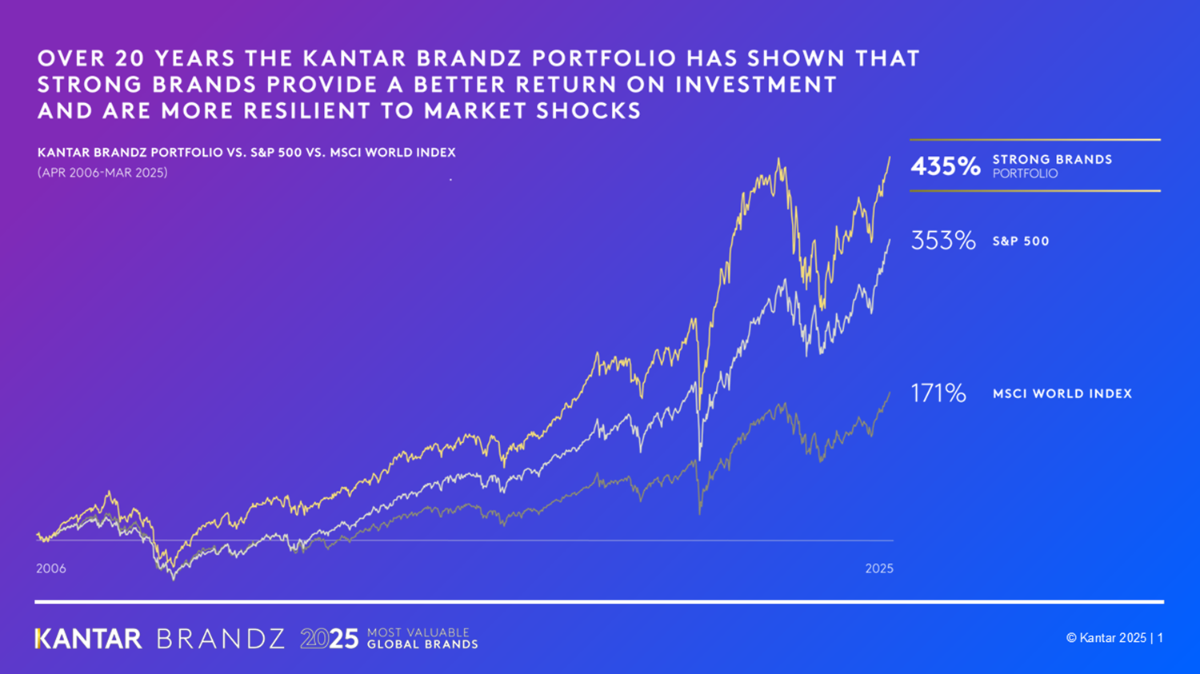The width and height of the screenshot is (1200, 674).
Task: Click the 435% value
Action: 945,166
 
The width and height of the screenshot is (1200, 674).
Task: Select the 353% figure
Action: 943,241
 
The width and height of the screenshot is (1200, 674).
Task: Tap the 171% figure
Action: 938,393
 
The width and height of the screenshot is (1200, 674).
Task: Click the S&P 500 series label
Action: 1021,241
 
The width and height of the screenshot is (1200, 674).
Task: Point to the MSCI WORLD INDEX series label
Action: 1062,394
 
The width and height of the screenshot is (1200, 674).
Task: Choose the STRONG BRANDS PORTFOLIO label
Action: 1052,166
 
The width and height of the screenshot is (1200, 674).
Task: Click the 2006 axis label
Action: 51,568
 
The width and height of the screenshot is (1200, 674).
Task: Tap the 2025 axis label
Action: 879,568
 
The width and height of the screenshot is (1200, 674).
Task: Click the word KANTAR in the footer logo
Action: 89,639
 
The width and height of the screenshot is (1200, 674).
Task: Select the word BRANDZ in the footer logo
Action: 221,639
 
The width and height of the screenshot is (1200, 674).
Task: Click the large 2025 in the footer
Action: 330,639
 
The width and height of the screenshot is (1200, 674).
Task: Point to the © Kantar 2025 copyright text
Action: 1106,638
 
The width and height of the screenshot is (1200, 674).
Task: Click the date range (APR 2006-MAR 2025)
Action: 102,173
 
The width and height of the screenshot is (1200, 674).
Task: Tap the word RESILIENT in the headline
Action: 305,111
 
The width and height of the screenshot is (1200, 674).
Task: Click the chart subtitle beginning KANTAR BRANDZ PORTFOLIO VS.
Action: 246,153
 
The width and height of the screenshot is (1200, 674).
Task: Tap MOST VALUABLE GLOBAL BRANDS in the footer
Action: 422,638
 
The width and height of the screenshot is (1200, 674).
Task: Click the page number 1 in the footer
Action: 1161,638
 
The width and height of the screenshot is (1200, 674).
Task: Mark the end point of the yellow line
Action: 890,158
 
